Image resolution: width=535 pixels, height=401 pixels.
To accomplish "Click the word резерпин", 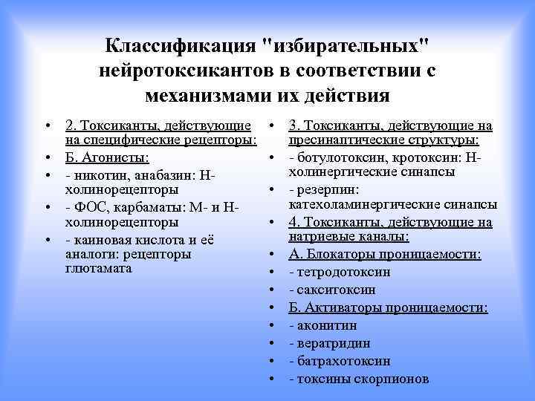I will click(x=325, y=189).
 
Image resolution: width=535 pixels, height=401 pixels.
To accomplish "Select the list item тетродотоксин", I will click(x=343, y=271).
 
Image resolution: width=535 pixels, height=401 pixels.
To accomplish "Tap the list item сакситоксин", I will click(x=335, y=289).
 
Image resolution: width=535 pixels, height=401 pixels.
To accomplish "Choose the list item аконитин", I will click(x=326, y=325).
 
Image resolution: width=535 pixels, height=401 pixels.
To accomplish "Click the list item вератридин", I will click(x=333, y=343).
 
